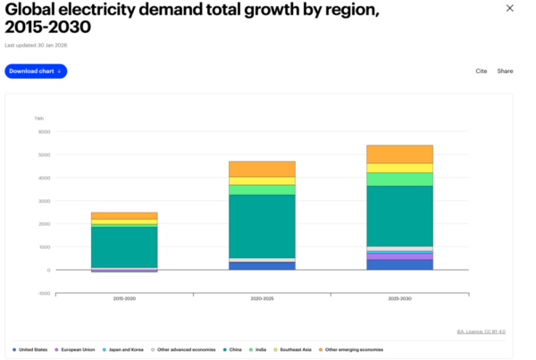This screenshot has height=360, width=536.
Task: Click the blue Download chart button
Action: coord(36,71)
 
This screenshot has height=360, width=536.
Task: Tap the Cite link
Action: coord(482,71)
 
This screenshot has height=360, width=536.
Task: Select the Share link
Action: coord(505,71)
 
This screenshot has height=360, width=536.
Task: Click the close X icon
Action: coord(510,9)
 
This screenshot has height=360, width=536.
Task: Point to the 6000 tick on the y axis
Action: coord(44,132)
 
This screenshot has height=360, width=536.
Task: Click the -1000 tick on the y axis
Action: coord(43,293)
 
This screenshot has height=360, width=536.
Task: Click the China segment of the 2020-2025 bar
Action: coord(262,226)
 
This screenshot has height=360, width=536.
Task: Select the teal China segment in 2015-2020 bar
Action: coord(124,246)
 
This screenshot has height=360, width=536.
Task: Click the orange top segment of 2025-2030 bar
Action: coord(399,154)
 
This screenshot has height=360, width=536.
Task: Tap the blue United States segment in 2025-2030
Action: coord(399,264)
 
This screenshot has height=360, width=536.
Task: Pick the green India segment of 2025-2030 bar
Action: coord(399,179)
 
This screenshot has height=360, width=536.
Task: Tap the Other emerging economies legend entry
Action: coord(355,349)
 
